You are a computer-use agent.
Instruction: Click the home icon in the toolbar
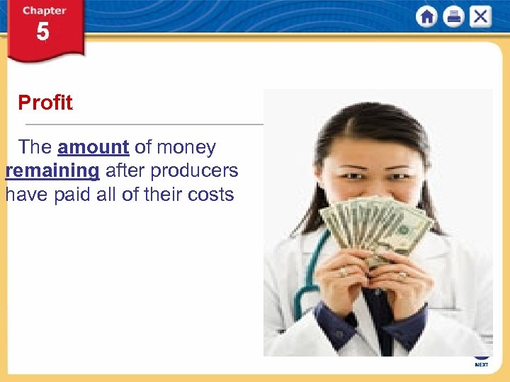pos(426,17)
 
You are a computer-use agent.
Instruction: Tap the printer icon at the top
pos(453,17)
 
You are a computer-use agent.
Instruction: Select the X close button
pos(480,17)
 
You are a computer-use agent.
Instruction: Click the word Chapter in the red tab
pos(44,11)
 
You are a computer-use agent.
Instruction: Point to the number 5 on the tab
pos(43,33)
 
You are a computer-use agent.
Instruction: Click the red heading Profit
pos(45,103)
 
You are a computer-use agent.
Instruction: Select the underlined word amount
pos(93,147)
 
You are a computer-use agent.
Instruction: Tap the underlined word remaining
pos(52,170)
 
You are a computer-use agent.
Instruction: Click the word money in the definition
pos(186,147)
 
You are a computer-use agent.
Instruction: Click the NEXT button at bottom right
pos(482,364)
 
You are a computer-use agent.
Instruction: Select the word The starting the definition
pos(35,147)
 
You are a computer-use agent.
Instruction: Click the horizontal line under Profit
pos(142,125)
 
